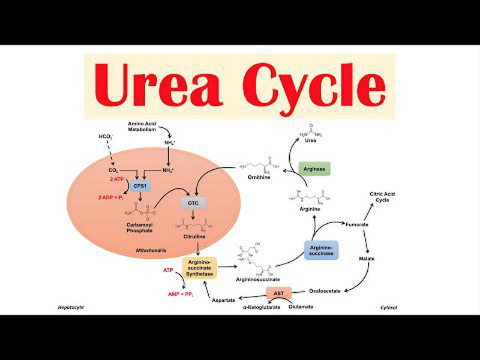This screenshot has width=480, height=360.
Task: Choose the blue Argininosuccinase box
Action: click(321, 249)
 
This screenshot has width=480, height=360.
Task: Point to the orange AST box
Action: click(278, 293)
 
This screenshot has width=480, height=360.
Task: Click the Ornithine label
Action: click(259, 177)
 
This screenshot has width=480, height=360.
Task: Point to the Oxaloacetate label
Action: click(325, 290)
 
